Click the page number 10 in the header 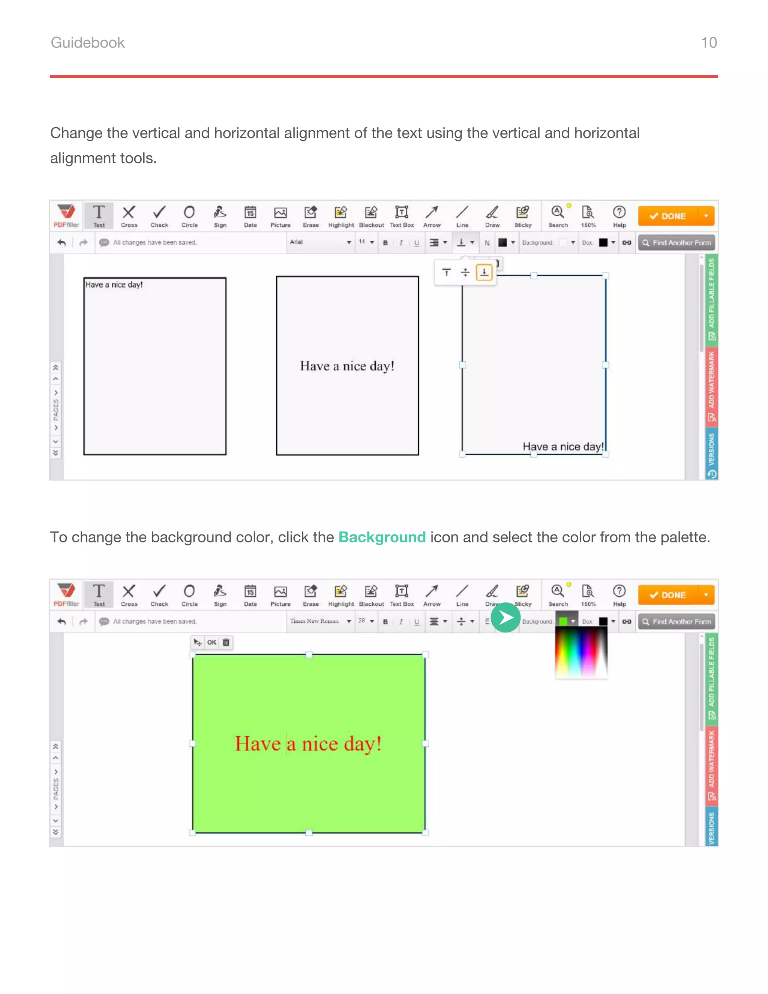[x=708, y=42]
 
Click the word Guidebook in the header [x=87, y=42]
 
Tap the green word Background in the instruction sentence [x=382, y=537]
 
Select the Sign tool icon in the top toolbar [x=220, y=216]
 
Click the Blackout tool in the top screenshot [x=371, y=216]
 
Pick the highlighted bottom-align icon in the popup [x=484, y=272]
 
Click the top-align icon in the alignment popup [x=446, y=272]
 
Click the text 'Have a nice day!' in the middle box [x=347, y=366]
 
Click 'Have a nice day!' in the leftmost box [x=114, y=284]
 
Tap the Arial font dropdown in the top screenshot [x=320, y=242]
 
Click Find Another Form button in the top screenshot [x=676, y=243]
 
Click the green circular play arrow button [x=505, y=618]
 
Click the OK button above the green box [x=211, y=642]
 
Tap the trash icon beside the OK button [x=226, y=642]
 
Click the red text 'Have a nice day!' [x=308, y=744]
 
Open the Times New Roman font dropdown [x=320, y=621]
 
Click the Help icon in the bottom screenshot [x=619, y=595]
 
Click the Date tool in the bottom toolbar [x=250, y=595]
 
